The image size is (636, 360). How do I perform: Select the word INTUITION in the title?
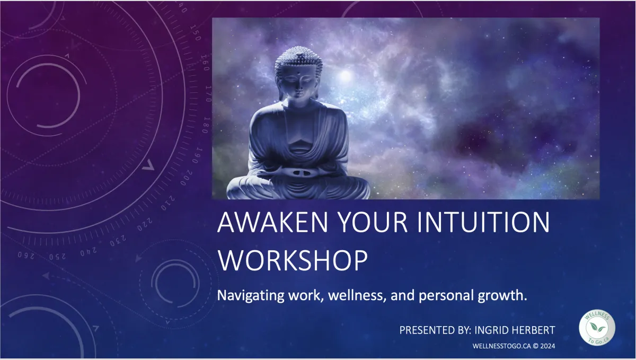click(x=483, y=222)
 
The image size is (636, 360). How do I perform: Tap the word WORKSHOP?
click(x=293, y=260)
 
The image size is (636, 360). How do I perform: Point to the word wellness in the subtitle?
click(x=357, y=295)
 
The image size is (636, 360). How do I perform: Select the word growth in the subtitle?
click(x=502, y=296)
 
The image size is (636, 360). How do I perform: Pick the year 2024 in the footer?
click(x=547, y=346)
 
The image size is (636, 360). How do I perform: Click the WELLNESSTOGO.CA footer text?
click(x=502, y=346)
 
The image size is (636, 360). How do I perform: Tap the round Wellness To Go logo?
click(x=597, y=327)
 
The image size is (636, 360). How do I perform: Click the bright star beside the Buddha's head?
click(x=345, y=76)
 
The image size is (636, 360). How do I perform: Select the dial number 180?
click(x=206, y=125)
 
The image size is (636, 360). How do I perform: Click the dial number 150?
click(x=196, y=33)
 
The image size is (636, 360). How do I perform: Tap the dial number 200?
click(x=187, y=178)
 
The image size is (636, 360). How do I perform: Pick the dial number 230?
click(x=118, y=241)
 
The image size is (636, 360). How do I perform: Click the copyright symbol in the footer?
click(x=535, y=346)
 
